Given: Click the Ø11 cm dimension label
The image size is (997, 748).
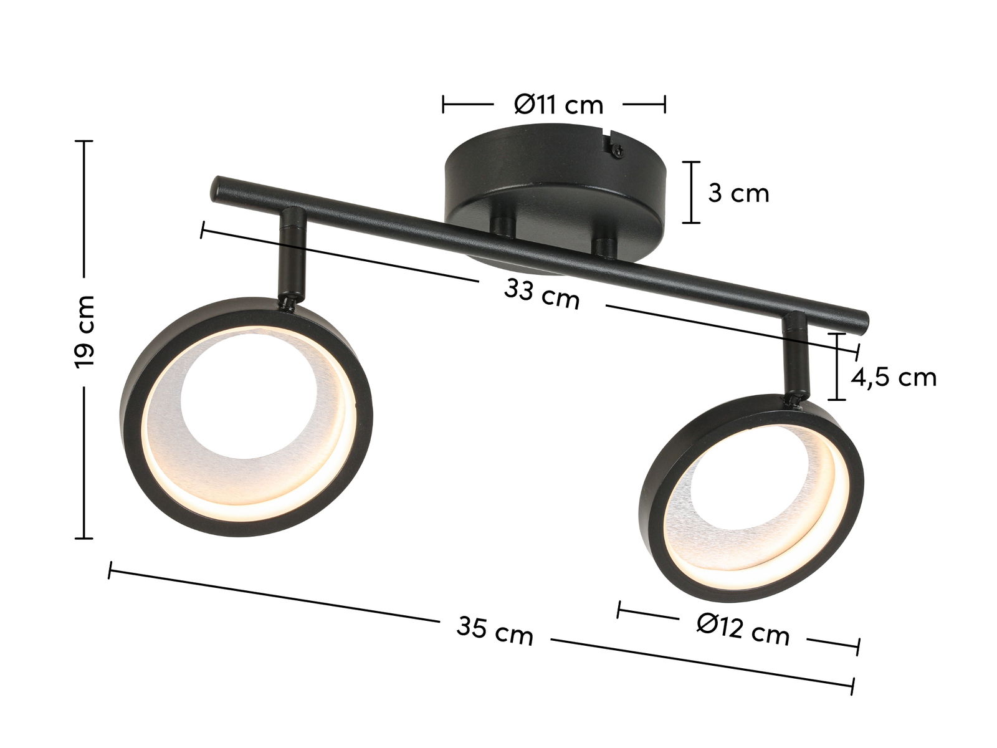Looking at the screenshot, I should point(559,105).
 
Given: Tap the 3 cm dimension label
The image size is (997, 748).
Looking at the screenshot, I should point(738,193).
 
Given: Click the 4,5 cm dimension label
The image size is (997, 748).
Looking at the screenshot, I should point(894,377).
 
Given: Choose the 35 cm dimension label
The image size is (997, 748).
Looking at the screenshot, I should point(495,631).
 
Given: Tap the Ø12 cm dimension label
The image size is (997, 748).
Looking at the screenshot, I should point(743,630).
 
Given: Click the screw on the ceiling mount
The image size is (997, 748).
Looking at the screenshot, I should point(616,150).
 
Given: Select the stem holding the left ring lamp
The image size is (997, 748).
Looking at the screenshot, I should point(292,256).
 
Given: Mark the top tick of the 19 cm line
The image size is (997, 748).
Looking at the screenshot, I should point(83,141).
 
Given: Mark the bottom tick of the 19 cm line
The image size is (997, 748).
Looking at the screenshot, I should point(83,538).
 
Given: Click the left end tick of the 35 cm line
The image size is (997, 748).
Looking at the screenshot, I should point(110,570).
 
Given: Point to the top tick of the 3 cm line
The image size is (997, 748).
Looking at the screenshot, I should point(690,162).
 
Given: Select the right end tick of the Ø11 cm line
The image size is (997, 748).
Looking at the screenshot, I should point(665,104).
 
